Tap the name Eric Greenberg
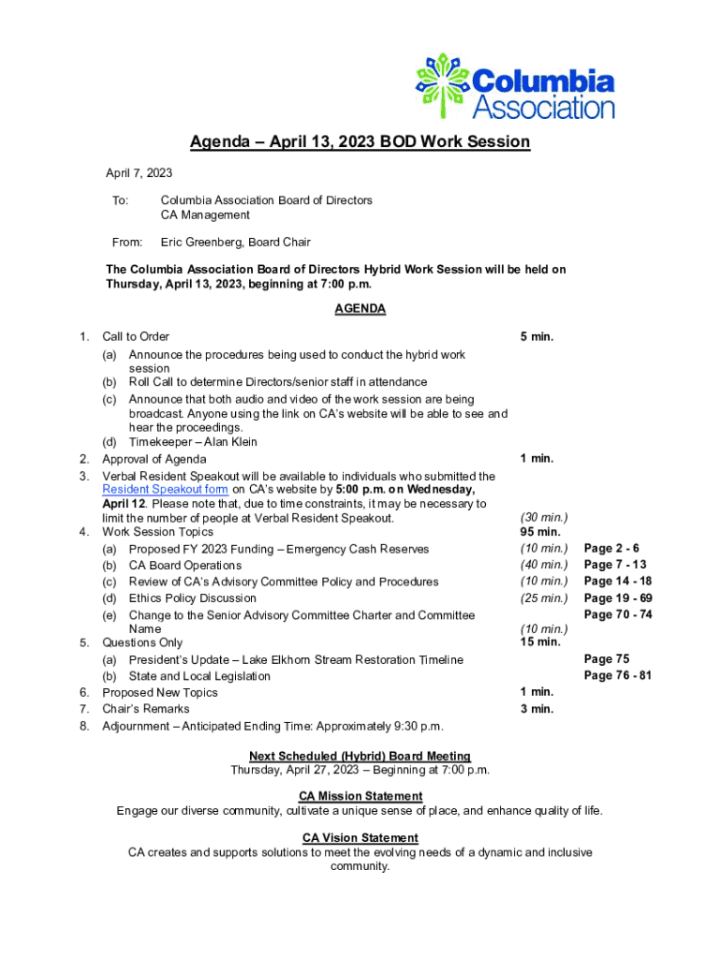point(202,243)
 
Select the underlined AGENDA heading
point(360,309)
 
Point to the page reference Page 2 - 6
point(614,549)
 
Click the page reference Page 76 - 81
point(618,676)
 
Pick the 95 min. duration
point(540,532)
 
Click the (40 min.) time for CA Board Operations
point(544,565)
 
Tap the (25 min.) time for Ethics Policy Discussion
point(544,598)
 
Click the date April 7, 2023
point(139,174)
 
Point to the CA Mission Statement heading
point(360,796)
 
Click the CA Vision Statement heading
point(360,837)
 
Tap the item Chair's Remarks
point(146,709)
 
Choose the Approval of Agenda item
point(154,459)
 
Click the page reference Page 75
point(607,659)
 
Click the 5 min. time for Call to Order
point(537,336)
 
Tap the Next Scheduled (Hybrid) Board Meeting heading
point(360,756)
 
